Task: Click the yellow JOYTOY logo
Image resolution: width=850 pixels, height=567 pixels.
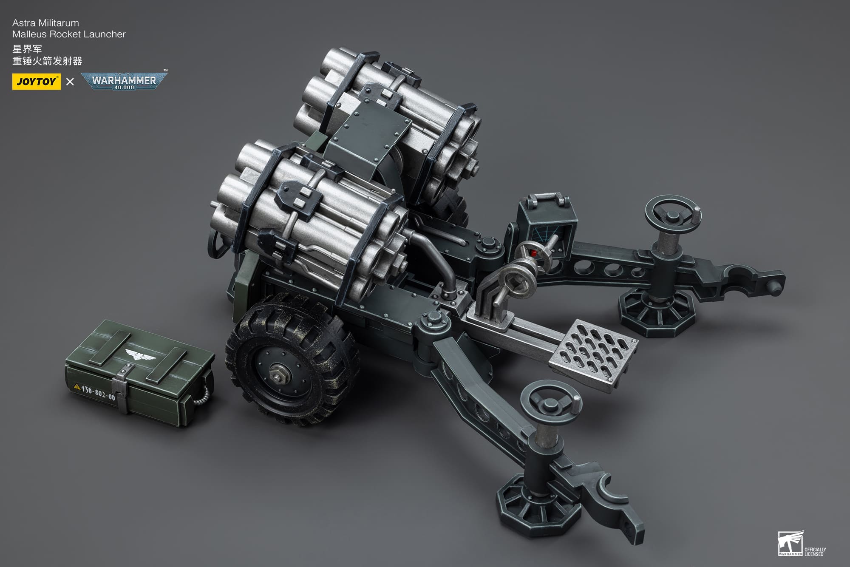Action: (36, 82)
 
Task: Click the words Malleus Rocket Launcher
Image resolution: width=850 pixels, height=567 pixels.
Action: (69, 34)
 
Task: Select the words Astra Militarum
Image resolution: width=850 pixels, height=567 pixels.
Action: (45, 23)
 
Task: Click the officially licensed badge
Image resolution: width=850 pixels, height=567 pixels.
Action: (801, 544)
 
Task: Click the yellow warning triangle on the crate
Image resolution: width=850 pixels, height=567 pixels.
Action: (77, 386)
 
